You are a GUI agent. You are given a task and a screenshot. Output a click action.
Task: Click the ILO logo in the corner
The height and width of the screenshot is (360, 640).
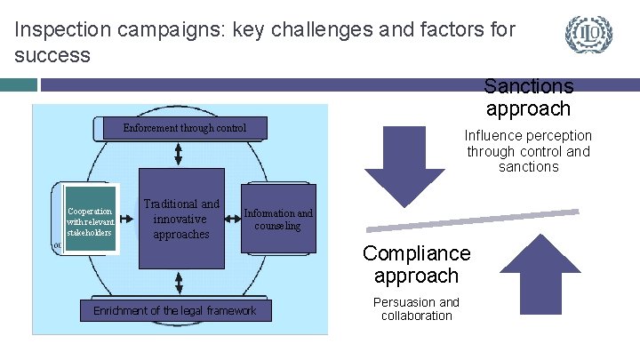pyautogui.click(x=588, y=35)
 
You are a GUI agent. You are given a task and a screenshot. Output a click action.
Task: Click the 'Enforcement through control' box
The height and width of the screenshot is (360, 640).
pyautogui.click(x=183, y=129)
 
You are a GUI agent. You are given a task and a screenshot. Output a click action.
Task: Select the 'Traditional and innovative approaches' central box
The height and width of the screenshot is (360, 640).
pyautogui.click(x=181, y=219)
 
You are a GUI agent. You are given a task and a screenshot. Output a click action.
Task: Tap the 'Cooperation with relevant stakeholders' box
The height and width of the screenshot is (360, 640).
pyautogui.click(x=90, y=220)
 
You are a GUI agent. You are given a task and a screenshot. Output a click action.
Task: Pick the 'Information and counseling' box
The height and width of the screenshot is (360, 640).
pyautogui.click(x=278, y=220)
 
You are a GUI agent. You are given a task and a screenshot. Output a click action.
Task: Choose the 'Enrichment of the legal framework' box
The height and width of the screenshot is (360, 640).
pyautogui.click(x=174, y=310)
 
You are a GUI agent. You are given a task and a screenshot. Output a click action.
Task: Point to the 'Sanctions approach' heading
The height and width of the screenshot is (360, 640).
pyautogui.click(x=528, y=98)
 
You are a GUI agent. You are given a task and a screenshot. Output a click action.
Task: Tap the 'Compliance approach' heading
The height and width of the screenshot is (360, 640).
pyautogui.click(x=416, y=265)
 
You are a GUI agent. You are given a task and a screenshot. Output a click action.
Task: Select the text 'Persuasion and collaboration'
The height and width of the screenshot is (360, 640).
pyautogui.click(x=416, y=308)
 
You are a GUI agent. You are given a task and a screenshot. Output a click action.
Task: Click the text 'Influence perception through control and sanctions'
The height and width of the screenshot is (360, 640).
pyautogui.click(x=528, y=151)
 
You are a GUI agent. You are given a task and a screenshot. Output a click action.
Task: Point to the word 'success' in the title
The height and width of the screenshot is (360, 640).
pyautogui.click(x=52, y=55)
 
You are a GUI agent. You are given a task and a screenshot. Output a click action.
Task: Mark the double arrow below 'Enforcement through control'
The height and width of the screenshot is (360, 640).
pyautogui.click(x=179, y=155)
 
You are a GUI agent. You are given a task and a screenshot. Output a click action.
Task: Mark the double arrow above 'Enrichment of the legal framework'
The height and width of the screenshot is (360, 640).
pyautogui.click(x=179, y=283)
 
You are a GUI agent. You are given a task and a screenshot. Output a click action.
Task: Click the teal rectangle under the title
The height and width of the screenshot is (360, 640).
pyautogui.click(x=19, y=84)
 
